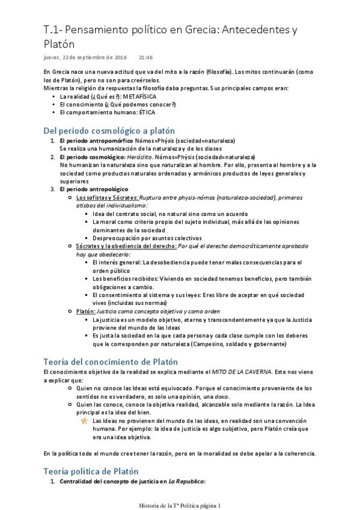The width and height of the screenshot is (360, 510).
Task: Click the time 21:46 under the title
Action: pyautogui.click(x=145, y=58)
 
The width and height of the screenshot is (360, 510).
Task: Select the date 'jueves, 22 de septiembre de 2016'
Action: pyautogui.click(x=85, y=58)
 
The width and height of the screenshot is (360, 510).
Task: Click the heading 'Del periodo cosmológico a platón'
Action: pyautogui.click(x=109, y=130)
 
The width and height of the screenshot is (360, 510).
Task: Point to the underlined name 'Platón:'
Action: pyautogui.click(x=87, y=311)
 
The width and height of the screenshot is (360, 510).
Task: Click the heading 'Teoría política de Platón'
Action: pyautogui.click(x=91, y=471)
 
